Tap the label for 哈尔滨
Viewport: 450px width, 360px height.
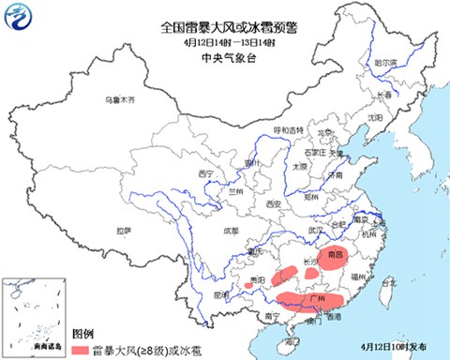(385, 62)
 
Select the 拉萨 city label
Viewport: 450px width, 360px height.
(124, 230)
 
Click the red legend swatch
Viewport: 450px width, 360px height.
(81, 348)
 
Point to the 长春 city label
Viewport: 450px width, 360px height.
(384, 96)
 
